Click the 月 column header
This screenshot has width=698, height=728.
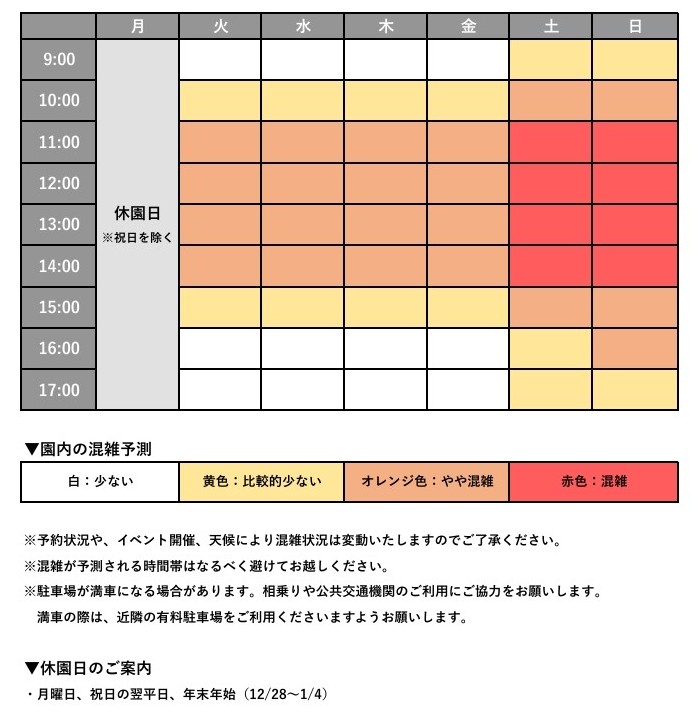(x=137, y=27)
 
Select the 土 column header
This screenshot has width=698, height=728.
(x=551, y=27)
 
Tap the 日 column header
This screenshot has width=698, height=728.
(x=634, y=27)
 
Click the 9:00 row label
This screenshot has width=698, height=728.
(x=59, y=59)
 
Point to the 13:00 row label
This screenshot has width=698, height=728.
(x=59, y=225)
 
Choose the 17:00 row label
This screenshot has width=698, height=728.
(x=59, y=390)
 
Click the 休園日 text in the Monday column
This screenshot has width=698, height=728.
(x=137, y=213)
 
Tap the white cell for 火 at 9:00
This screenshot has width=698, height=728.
(x=220, y=59)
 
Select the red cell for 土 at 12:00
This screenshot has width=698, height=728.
(x=551, y=183)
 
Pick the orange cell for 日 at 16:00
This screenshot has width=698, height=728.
(x=634, y=348)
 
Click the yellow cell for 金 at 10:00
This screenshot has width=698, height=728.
(x=468, y=100)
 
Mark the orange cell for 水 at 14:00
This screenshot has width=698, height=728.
(x=303, y=266)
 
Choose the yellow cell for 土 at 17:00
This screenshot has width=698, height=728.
(x=551, y=390)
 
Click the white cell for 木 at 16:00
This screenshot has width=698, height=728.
(x=385, y=348)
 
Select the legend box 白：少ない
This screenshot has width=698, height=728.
(x=100, y=482)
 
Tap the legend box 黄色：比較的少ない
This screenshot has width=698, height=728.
(x=262, y=482)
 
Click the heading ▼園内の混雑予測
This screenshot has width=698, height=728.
(x=88, y=449)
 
